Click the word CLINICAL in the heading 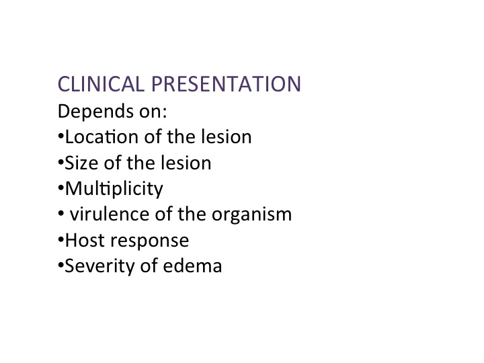pyautogui.click(x=101, y=84)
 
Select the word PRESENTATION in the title pyautogui.click(x=226, y=84)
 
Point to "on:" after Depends pyautogui.click(x=153, y=112)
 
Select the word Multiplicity pyautogui.click(x=114, y=189)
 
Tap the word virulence pyautogui.click(x=110, y=214)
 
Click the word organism pyautogui.click(x=251, y=216)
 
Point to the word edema pyautogui.click(x=192, y=266)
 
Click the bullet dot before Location pyautogui.click(x=61, y=136)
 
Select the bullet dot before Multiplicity pyautogui.click(x=61, y=188)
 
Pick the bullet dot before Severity pyautogui.click(x=61, y=266)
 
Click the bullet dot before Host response pyautogui.click(x=61, y=239)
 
